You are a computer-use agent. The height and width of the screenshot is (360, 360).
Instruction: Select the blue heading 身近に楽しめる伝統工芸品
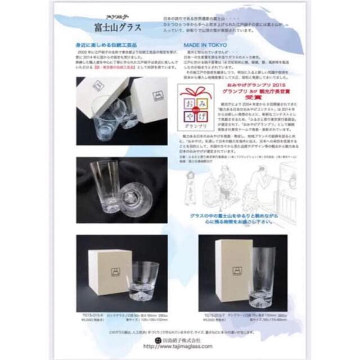pyautogui.click(x=114, y=58)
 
